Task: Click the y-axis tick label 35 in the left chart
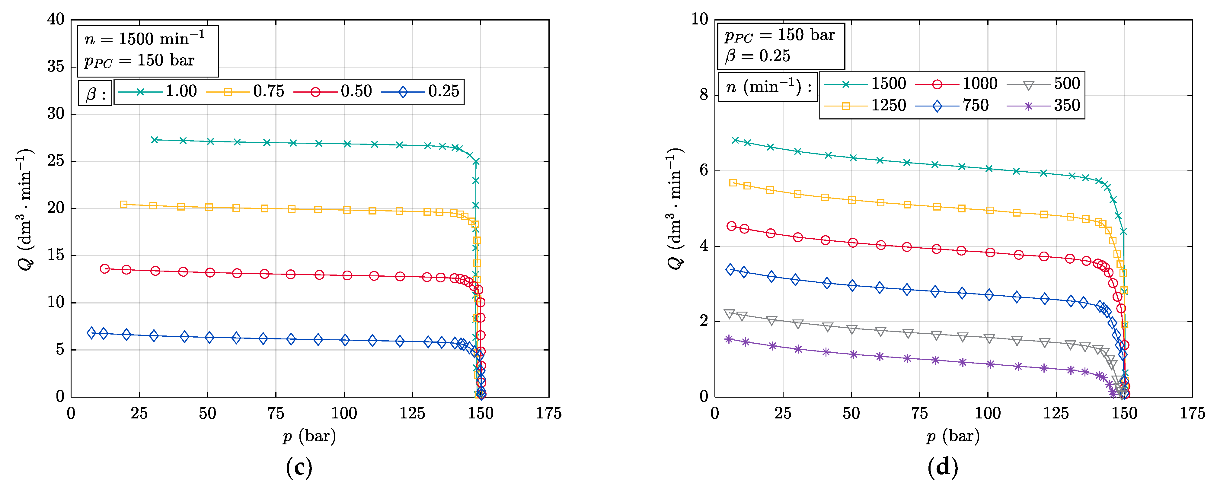(x=56, y=67)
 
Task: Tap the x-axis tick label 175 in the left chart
(x=548, y=414)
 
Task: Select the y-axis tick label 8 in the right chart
(x=704, y=95)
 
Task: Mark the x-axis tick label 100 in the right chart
(x=987, y=414)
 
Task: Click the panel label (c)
(x=299, y=468)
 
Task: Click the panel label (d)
(x=943, y=468)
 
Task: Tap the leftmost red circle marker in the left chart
(x=105, y=269)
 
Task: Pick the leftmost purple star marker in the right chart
(x=729, y=339)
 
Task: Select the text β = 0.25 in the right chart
(x=757, y=56)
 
